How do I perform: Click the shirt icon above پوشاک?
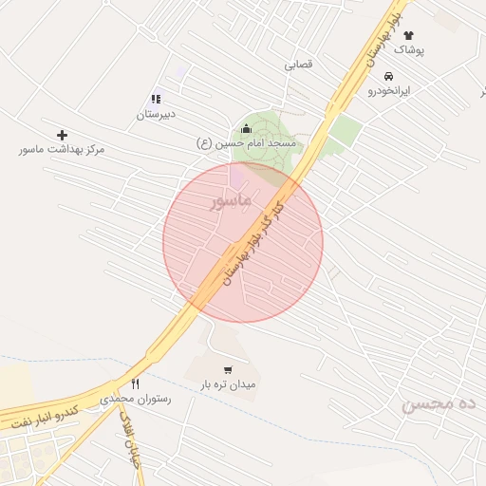click(x=409, y=35)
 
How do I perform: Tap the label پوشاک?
click(x=409, y=48)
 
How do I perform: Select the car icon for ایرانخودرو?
click(x=389, y=76)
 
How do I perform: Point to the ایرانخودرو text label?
click(x=389, y=90)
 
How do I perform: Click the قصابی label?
click(x=298, y=65)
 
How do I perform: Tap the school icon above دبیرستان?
click(x=157, y=99)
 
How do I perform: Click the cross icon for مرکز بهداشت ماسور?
click(x=63, y=136)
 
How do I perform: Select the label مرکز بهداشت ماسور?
click(x=63, y=150)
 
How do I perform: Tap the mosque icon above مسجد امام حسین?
click(x=247, y=129)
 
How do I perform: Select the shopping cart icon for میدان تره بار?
click(x=228, y=370)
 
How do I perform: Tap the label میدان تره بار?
click(x=228, y=385)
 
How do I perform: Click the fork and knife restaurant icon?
click(x=136, y=384)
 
